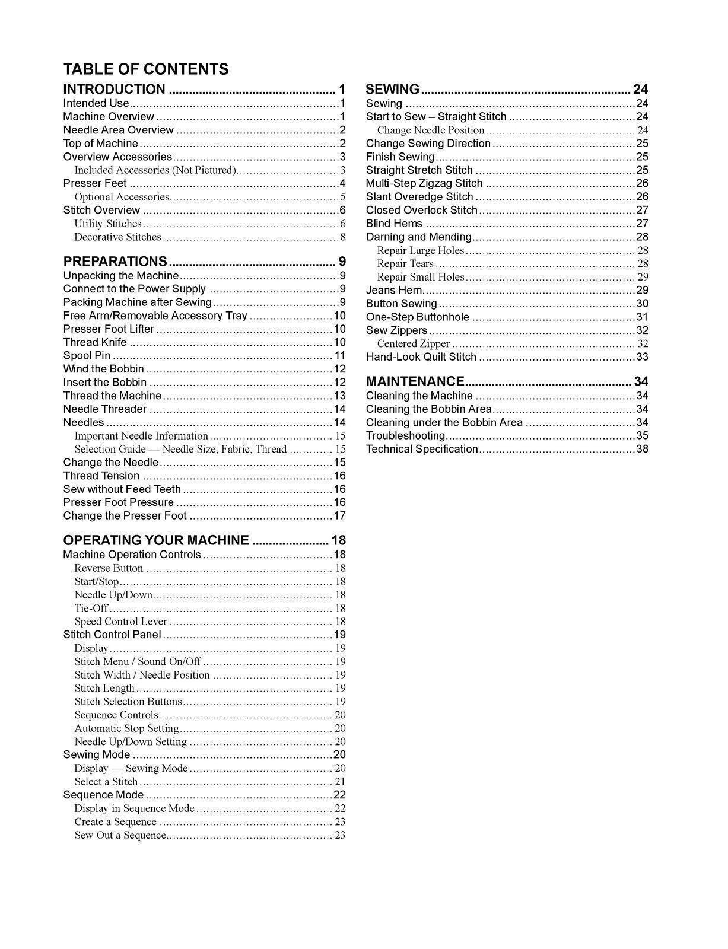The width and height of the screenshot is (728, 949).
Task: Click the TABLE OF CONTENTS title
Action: click(x=145, y=69)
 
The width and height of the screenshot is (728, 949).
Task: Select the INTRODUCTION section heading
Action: click(x=115, y=90)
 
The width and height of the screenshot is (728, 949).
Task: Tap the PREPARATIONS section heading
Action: click(x=115, y=262)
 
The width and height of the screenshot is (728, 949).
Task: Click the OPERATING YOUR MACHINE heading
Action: click(x=156, y=540)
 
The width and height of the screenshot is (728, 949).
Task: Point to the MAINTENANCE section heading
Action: click(x=415, y=381)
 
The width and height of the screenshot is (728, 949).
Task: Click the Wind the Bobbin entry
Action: click(x=103, y=369)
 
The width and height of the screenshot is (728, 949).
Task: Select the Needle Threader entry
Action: click(x=105, y=409)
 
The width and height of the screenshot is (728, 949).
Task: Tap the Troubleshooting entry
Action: click(x=405, y=436)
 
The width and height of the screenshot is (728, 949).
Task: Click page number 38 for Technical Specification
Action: click(x=642, y=449)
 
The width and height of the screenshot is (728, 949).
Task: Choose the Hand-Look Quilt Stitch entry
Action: click(x=421, y=357)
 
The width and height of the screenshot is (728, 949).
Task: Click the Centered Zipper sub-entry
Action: click(x=414, y=344)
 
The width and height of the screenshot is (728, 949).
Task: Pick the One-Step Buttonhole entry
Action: click(x=417, y=317)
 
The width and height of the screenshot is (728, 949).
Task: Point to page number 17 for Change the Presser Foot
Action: click(x=339, y=516)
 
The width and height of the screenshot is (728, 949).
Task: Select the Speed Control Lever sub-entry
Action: click(x=121, y=622)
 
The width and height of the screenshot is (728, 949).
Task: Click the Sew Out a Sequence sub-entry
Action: click(x=120, y=835)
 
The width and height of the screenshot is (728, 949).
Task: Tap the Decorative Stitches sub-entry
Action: click(x=117, y=237)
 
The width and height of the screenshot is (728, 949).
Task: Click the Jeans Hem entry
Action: click(x=394, y=291)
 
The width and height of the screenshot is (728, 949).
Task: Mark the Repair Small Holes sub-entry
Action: click(x=421, y=277)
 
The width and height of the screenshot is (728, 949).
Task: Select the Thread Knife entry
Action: click(x=95, y=342)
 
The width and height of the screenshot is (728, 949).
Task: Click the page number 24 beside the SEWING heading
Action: click(x=640, y=90)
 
